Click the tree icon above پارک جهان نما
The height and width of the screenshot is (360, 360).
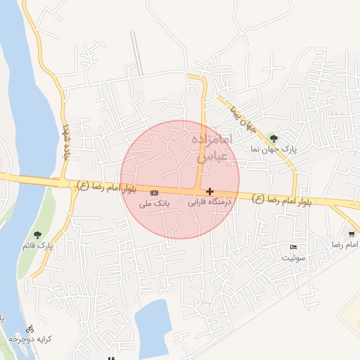tap(274, 139)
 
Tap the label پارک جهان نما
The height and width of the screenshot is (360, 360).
tap(275, 150)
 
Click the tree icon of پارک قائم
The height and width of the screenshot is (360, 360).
tap(37, 234)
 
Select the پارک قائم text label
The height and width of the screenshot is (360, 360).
tap(37, 245)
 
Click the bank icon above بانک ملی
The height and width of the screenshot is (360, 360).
tap(154, 192)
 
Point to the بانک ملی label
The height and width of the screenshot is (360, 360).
tap(154, 203)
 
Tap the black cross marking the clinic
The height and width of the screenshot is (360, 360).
tap(210, 191)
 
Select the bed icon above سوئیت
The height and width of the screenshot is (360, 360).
tap(293, 247)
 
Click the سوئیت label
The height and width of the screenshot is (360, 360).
tap(295, 258)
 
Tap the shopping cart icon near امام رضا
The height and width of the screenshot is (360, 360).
tap(351, 233)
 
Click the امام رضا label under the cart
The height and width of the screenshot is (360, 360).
tap(346, 244)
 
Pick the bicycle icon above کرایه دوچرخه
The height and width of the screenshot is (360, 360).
tap(30, 328)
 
